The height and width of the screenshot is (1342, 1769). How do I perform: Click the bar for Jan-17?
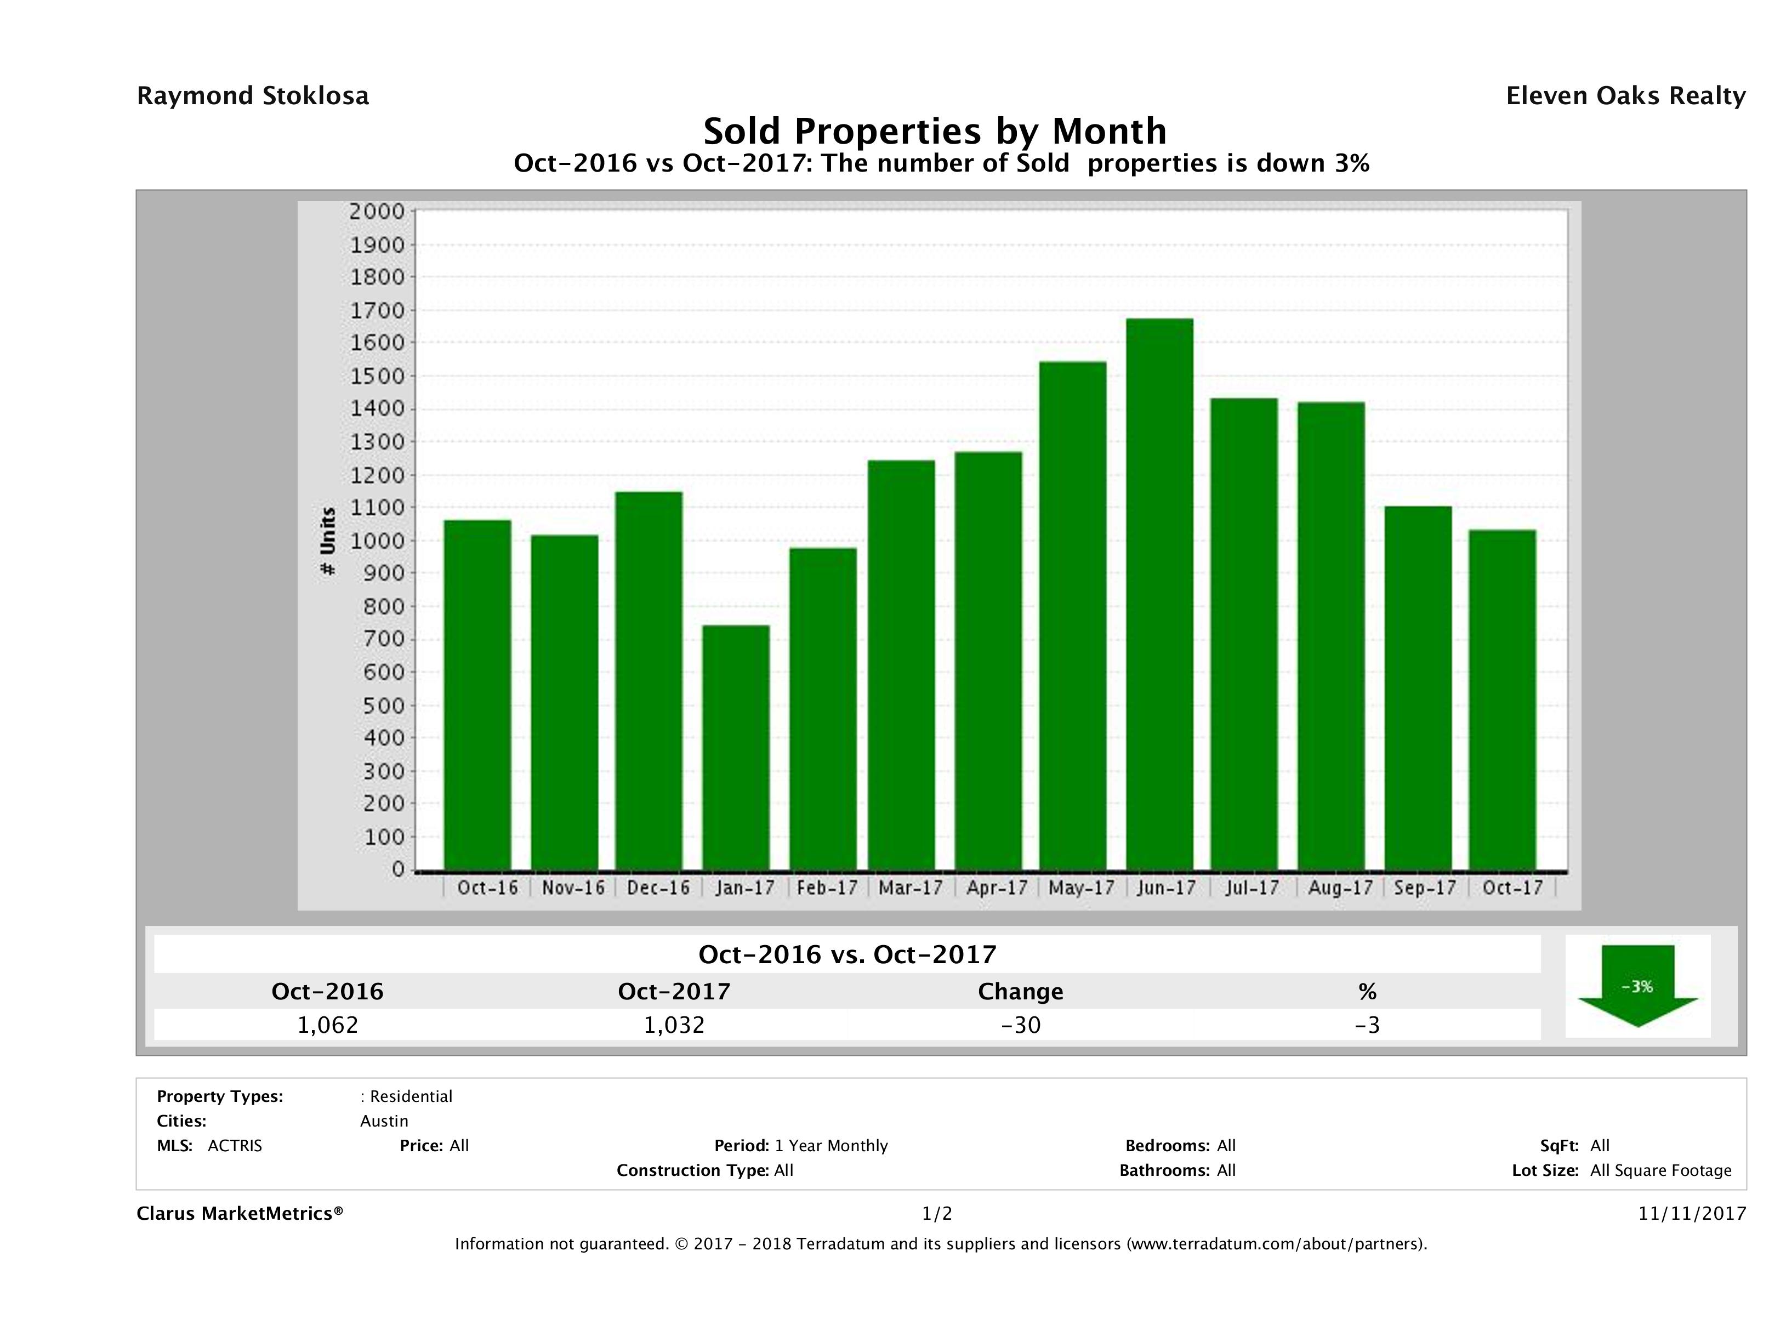pyautogui.click(x=736, y=747)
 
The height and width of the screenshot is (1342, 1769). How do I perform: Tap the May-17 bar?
pyautogui.click(x=1073, y=616)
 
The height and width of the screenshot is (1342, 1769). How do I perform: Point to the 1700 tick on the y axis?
pyautogui.click(x=376, y=310)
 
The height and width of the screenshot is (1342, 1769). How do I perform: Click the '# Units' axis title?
pyautogui.click(x=328, y=542)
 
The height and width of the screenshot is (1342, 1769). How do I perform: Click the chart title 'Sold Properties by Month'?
pyautogui.click(x=935, y=130)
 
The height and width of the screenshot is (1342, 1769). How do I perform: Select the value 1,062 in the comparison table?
pyautogui.click(x=328, y=1025)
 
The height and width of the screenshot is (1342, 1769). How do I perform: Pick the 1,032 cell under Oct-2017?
pyautogui.click(x=674, y=1025)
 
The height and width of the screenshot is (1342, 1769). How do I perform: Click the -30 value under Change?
pyautogui.click(x=1021, y=1025)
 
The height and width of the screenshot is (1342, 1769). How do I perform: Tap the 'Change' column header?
pyautogui.click(x=1021, y=992)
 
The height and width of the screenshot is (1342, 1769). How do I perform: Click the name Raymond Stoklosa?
pyautogui.click(x=253, y=96)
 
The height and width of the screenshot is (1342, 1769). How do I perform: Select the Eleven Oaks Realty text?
pyautogui.click(x=1625, y=96)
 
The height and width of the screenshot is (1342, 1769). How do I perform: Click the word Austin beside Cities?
pyautogui.click(x=384, y=1121)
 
